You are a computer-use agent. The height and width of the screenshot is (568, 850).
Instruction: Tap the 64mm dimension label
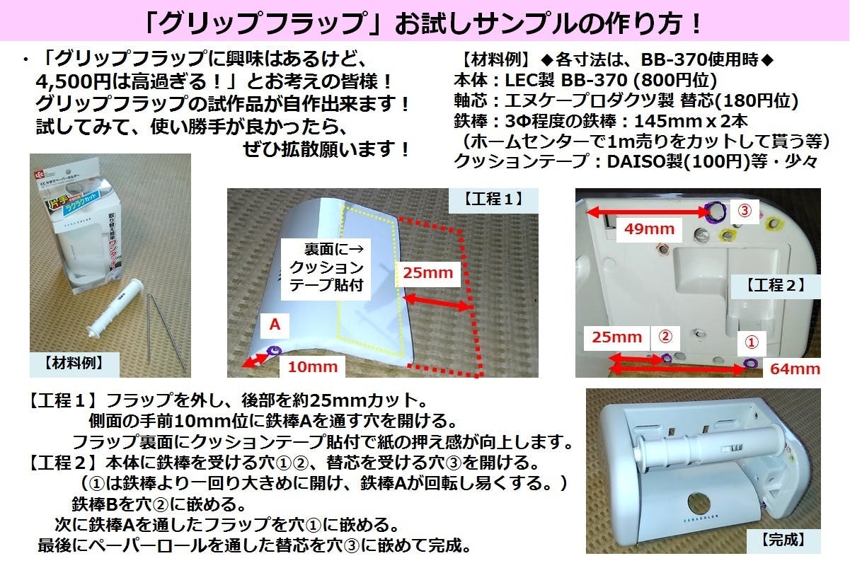coord(796,369)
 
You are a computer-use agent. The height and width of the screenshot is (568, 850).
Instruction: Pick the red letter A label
coord(276,325)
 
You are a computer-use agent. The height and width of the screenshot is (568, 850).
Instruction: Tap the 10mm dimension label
coord(306,366)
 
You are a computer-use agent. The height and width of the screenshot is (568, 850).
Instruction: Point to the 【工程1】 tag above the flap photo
coord(493,199)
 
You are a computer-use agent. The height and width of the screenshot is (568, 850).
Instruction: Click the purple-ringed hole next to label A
coord(275,349)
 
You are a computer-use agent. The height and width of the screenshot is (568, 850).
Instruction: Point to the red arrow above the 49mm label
coord(645,209)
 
